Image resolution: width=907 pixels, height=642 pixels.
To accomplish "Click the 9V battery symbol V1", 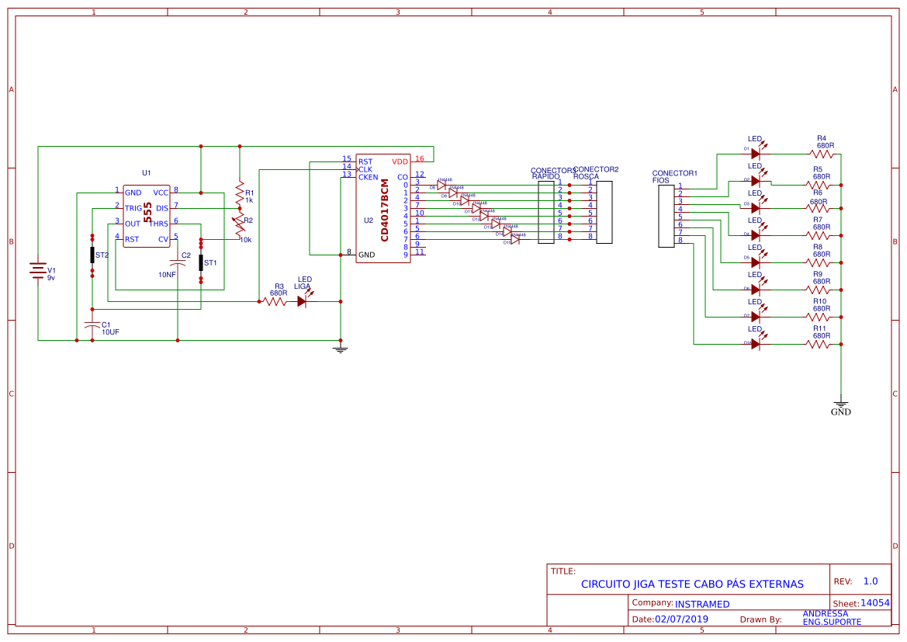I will click(x=38, y=269).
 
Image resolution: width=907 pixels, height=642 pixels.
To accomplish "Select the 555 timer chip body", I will click(x=147, y=216).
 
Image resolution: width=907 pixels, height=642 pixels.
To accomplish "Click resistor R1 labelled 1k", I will click(x=240, y=192).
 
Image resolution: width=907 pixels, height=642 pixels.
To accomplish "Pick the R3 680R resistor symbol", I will click(x=275, y=301).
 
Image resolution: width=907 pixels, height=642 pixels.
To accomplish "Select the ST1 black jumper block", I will click(x=201, y=262).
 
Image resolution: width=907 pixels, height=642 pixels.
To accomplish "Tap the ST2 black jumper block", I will click(x=92, y=255).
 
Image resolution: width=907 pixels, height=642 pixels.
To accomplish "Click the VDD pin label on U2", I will click(x=400, y=161).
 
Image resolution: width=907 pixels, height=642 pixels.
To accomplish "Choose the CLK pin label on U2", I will click(x=365, y=169).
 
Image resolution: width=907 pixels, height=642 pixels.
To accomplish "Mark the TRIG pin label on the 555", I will click(x=133, y=208).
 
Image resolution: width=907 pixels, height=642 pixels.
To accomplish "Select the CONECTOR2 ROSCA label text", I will click(x=596, y=172).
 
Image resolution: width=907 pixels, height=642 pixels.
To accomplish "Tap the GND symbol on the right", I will click(x=840, y=404).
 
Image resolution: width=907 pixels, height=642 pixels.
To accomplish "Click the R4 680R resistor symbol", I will click(x=824, y=154).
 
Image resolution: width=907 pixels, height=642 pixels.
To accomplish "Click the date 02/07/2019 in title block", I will click(x=681, y=619).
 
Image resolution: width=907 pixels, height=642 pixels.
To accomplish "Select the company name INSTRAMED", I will click(x=702, y=604).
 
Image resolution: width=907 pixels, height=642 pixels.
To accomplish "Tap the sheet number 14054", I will click(x=874, y=603).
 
